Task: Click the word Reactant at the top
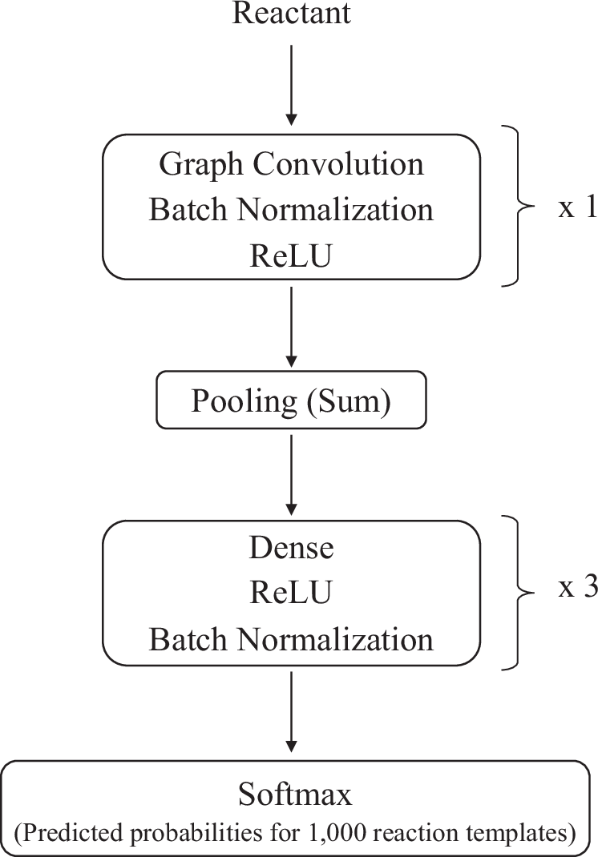tap(291, 14)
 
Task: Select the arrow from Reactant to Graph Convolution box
tap(291, 84)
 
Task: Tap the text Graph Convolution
tap(291, 164)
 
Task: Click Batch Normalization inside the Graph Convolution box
tap(291, 209)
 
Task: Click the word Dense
tap(291, 549)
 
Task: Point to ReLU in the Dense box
tap(291, 593)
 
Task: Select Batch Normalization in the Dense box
tap(291, 639)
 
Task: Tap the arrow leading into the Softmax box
tap(291, 714)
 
